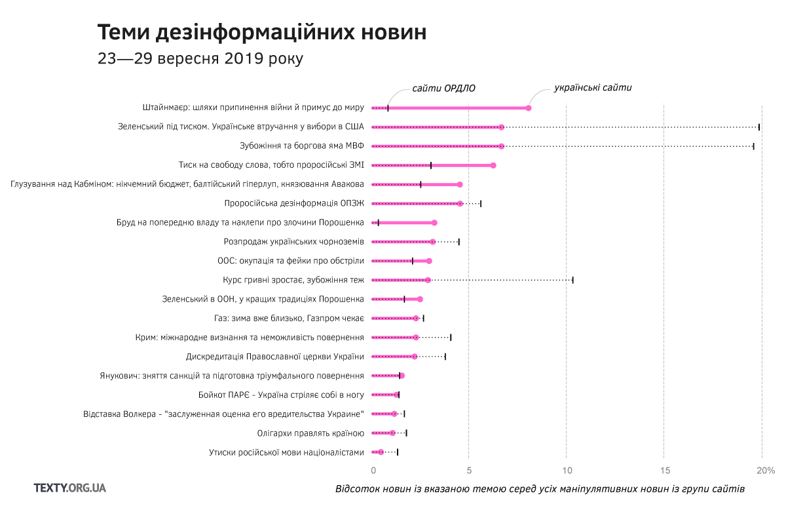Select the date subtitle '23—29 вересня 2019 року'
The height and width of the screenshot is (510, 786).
pos(200,58)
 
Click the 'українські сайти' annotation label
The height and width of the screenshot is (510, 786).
pos(593,87)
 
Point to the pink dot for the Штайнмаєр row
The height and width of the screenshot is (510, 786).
pos(529,108)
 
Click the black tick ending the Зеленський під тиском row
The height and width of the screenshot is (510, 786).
pos(759,127)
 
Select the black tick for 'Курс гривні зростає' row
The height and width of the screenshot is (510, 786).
pos(572,280)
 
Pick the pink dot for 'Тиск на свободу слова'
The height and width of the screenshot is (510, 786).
pos(493,165)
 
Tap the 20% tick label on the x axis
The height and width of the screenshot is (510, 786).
pos(765,470)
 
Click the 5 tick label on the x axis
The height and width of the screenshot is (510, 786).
pos(469,470)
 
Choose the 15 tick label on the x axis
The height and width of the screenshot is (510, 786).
pos(664,470)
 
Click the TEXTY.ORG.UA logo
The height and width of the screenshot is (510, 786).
pos(70,488)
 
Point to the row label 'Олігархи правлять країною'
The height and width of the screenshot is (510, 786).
pos(310,433)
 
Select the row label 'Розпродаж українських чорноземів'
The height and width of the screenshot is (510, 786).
pos(293,242)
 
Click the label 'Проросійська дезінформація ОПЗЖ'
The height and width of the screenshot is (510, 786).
pos(293,203)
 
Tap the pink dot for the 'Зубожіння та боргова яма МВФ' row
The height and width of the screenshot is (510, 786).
pos(502,146)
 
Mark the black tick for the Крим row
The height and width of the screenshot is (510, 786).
pos(451,338)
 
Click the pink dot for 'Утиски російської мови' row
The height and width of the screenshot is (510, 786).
pos(381,452)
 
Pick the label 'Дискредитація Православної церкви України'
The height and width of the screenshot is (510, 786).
pos(275,357)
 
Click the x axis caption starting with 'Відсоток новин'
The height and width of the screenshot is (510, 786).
pos(540,489)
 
